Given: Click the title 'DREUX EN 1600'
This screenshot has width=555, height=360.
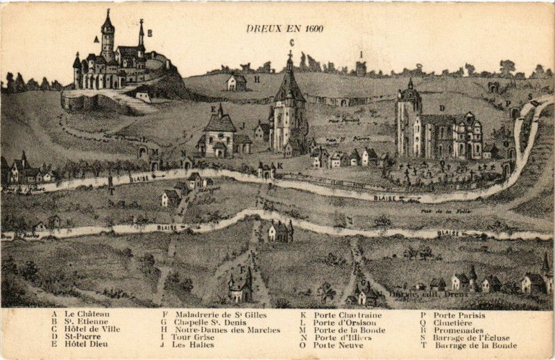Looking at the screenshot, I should point(284,28).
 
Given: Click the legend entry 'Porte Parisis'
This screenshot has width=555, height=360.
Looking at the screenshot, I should point(459,315).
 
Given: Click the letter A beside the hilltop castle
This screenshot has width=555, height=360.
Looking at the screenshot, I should point(96,39).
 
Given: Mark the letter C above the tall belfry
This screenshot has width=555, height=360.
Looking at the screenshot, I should point(292,43).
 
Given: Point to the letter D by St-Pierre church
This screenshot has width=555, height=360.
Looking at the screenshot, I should point(442,108).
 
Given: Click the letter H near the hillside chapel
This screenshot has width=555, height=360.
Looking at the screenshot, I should point(256,79).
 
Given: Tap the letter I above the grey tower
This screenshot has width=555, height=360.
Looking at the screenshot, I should point(361,53).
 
